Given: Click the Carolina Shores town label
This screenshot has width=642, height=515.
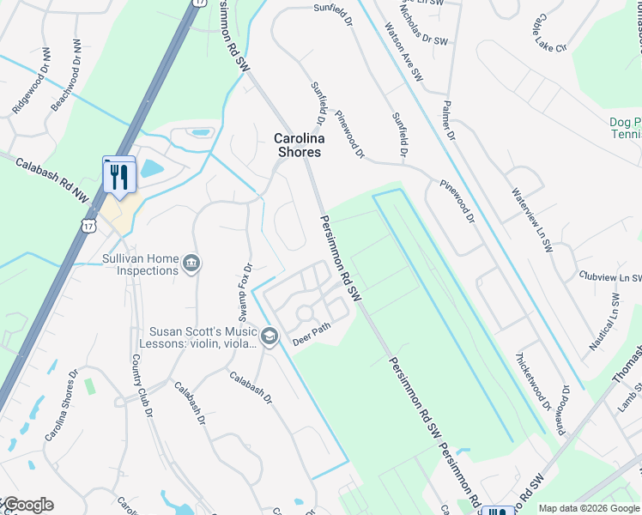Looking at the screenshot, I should pyautogui.click(x=298, y=144).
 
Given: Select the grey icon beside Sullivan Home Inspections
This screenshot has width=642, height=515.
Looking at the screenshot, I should pyautogui.click(x=191, y=263).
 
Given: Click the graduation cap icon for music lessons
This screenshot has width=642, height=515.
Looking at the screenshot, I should pyautogui.click(x=270, y=335).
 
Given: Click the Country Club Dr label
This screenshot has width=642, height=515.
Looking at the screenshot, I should pyautogui.click(x=142, y=386).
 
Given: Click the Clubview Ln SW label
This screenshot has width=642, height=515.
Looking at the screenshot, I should pyautogui.click(x=610, y=277).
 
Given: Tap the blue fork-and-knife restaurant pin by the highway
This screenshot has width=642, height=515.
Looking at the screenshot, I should pyautogui.click(x=119, y=177).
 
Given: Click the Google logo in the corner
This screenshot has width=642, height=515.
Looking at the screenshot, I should pyautogui.click(x=27, y=505).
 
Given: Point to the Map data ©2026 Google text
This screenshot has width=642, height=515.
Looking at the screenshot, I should pyautogui.click(x=590, y=508).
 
